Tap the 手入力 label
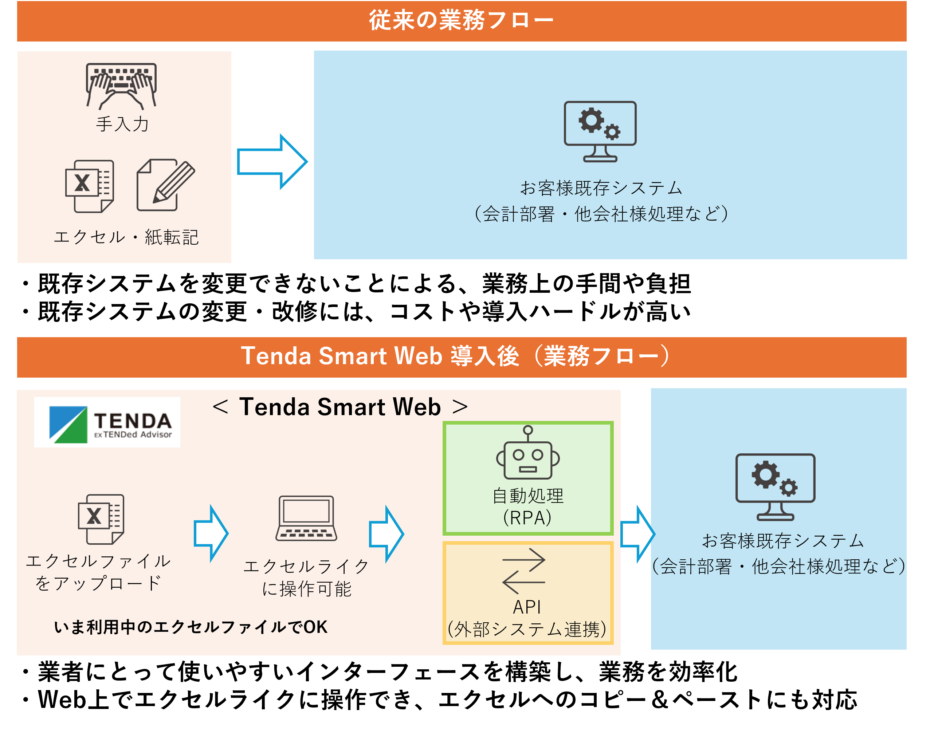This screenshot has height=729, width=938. point(122,124)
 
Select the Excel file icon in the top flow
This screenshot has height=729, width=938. point(90,186)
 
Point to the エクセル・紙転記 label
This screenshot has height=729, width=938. point(126,237)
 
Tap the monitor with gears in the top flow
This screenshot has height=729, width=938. point(600,131)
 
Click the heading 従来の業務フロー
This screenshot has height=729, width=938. point(461,20)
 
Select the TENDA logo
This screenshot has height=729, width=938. point(107,422)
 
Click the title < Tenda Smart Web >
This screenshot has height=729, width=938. point(340,407)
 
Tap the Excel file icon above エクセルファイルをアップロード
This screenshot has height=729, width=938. point(101,519)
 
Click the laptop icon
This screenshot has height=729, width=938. point(306,518)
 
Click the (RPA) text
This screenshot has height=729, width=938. point(527,518)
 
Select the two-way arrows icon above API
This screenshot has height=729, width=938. point(524,571)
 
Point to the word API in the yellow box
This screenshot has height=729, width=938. point(527,607)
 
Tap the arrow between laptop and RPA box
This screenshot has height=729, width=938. point(386,534)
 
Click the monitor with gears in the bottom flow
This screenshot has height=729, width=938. point(775,487)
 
